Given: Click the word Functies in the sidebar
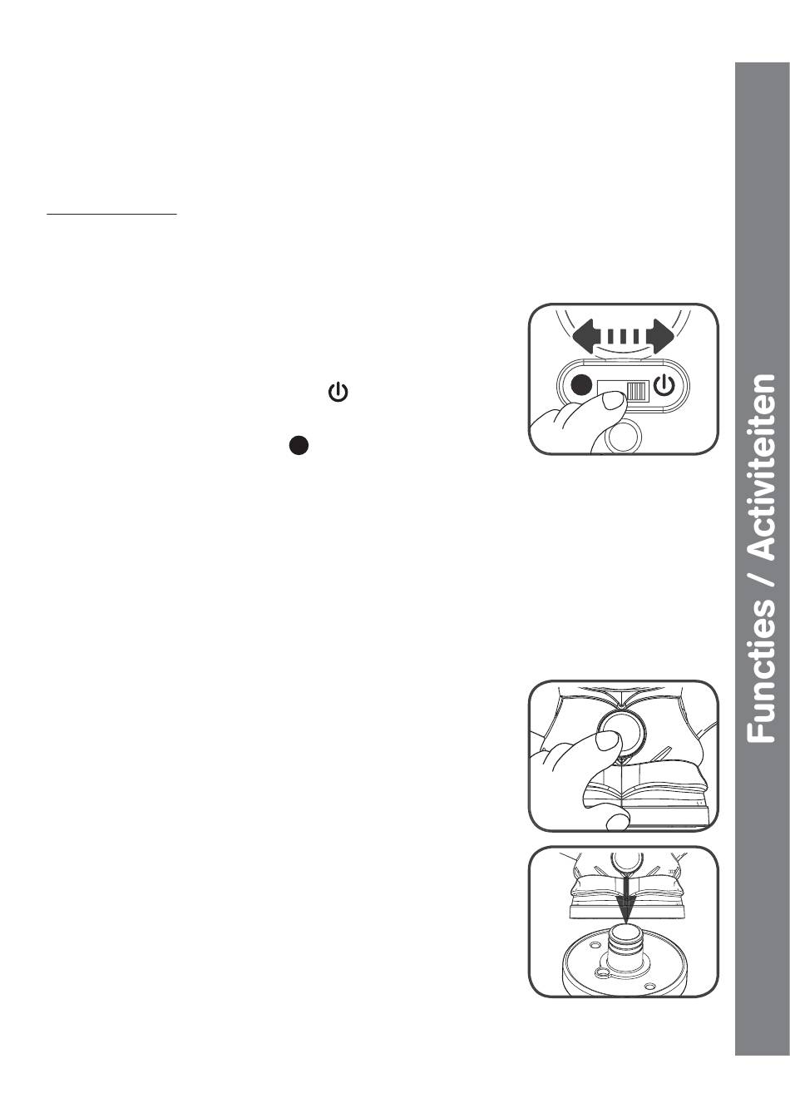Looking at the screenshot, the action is pyautogui.click(x=761, y=670).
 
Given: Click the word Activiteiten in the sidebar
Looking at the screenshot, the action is pyautogui.click(x=761, y=466).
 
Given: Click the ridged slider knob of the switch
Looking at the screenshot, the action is pyautogui.click(x=637, y=390).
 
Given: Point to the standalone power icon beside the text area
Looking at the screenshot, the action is pyautogui.click(x=338, y=393).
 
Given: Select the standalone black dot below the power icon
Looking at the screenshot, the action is pyautogui.click(x=299, y=445).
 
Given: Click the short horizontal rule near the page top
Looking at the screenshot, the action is pyautogui.click(x=111, y=214).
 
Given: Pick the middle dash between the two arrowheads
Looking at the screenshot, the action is pyautogui.click(x=624, y=335).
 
